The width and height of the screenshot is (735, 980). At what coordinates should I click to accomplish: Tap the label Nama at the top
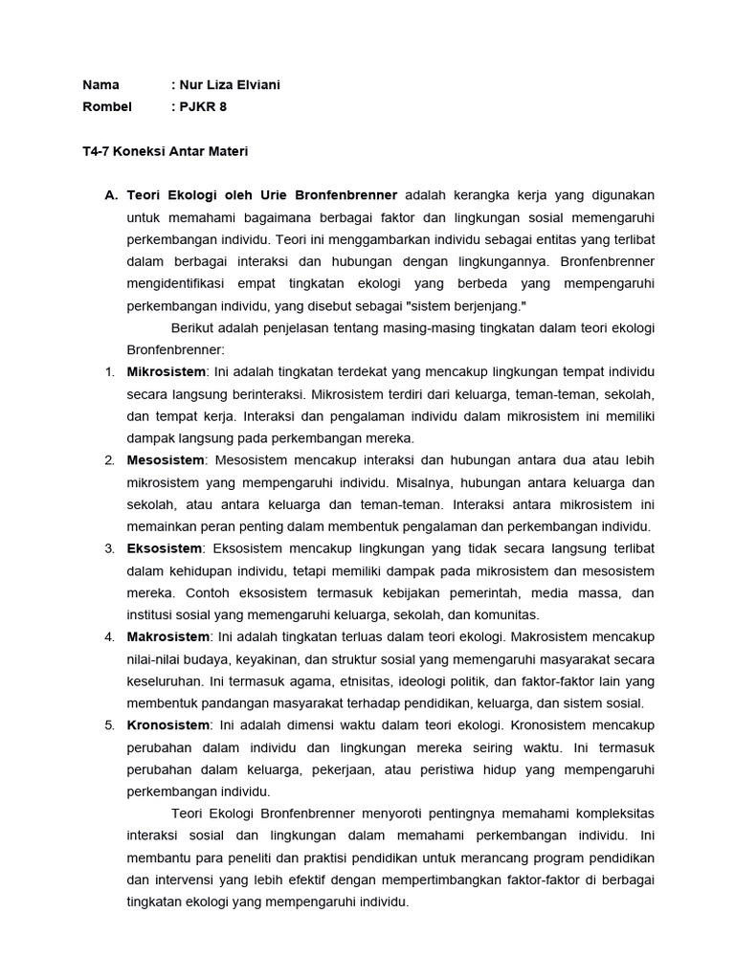coord(101,85)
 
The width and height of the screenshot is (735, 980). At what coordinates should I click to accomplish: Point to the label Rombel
coord(107,106)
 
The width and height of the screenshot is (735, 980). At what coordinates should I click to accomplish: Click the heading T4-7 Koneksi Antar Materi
coord(166,150)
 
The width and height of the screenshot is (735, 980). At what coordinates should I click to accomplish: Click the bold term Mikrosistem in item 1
coord(166,371)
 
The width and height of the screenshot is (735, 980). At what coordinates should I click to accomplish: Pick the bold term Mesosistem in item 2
coord(165,460)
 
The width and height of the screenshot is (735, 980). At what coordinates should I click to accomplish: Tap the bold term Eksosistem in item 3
coord(165,548)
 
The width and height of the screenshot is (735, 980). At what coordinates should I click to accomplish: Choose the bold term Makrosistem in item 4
coord(167,636)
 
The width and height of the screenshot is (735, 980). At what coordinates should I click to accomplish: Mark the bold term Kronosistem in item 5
coord(167,724)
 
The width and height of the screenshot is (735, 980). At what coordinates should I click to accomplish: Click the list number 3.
coord(109,548)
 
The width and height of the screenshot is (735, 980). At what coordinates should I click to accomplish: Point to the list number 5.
coord(109,724)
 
